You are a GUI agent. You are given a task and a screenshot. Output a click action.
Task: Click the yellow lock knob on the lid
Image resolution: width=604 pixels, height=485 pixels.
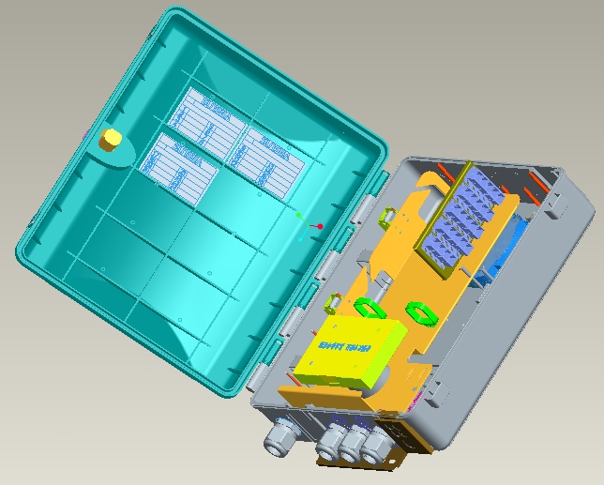pyautogui.click(x=110, y=140)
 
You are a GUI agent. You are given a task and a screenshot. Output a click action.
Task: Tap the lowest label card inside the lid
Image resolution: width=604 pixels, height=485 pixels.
pyautogui.click(x=178, y=167)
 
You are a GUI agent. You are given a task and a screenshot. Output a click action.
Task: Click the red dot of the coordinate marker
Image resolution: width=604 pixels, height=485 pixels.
pyautogui.click(x=320, y=226)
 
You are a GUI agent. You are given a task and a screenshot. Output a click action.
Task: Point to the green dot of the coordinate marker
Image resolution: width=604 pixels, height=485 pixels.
pyautogui.click(x=299, y=216)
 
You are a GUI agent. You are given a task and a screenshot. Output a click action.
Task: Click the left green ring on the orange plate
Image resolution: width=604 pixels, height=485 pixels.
pyautogui.click(x=372, y=309)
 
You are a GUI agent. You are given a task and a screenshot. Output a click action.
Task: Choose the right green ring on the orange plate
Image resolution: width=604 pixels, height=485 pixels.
pyautogui.click(x=421, y=312)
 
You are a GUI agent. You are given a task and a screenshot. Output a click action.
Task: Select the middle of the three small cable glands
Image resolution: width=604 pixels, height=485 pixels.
pyautogui.click(x=354, y=445)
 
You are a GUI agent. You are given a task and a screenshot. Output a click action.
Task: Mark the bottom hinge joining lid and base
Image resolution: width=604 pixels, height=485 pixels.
pyautogui.click(x=294, y=320)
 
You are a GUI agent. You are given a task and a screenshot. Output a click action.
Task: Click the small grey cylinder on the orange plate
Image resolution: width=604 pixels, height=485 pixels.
pyautogui.click(x=385, y=282)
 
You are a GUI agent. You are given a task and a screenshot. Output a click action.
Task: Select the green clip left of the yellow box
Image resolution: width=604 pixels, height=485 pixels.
pyautogui.click(x=333, y=302)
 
